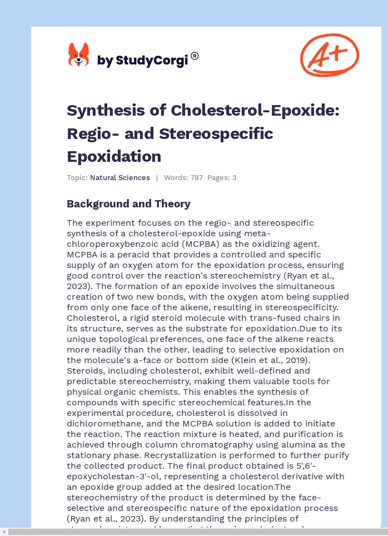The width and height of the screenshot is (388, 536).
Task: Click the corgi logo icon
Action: pos(78,56)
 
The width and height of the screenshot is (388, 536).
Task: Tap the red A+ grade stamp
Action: pos(329,54)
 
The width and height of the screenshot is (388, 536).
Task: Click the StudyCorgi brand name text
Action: pos(142,60)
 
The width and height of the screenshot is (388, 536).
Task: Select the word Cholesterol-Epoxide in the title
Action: pos(255,111)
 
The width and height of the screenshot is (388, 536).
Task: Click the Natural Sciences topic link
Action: pos(120,178)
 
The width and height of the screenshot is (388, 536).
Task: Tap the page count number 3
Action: pos(235,178)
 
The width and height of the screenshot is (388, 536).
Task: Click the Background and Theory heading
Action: pos(128,204)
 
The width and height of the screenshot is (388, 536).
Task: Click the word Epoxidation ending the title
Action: pos(114,156)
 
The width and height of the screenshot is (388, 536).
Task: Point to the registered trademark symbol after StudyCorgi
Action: pos(195,56)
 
